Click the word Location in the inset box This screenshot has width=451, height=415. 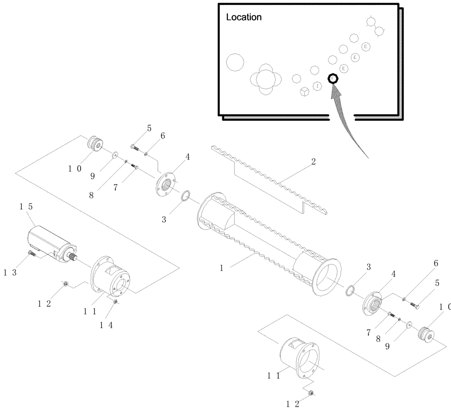[x=244, y=18]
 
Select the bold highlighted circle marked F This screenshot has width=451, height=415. [x=333, y=78]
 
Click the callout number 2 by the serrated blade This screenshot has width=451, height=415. [x=313, y=161]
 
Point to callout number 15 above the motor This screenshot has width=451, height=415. [x=26, y=206]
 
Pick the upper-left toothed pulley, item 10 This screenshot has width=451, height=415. [x=95, y=143]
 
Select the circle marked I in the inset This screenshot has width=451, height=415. [x=318, y=85]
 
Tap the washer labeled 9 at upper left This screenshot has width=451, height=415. [x=115, y=155]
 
